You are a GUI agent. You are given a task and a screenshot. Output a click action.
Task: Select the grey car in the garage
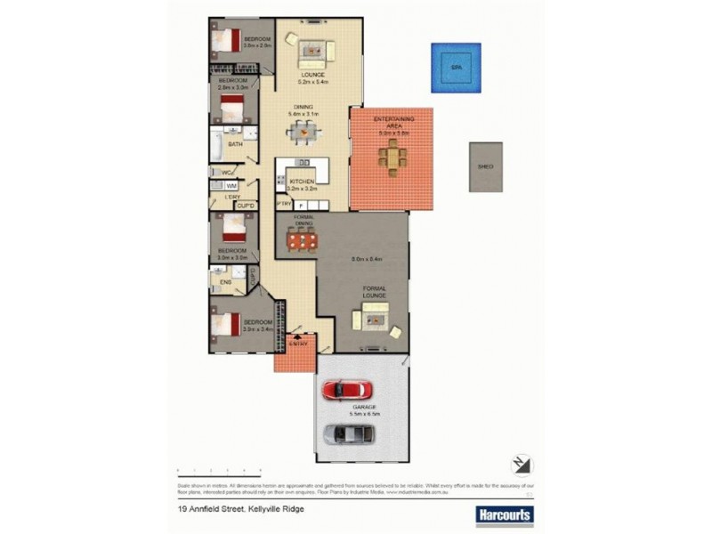[x=349, y=434]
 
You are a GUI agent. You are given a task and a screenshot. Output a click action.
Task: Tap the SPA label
[x=457, y=68]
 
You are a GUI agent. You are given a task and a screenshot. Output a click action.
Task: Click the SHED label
[x=486, y=166]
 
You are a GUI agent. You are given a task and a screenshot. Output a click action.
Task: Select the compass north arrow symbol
[x=521, y=465]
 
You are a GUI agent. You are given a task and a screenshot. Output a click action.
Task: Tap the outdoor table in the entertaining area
[x=392, y=158]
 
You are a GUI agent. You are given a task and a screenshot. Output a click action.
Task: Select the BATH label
[x=235, y=143]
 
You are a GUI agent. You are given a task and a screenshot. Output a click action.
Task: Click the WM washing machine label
[x=231, y=185]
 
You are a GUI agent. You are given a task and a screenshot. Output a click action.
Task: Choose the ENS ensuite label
[x=226, y=282]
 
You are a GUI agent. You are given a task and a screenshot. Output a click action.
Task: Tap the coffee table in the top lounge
[x=312, y=50]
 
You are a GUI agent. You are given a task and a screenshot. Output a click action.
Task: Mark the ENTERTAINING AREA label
[x=391, y=124]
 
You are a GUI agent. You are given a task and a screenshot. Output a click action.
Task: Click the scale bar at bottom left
[x=218, y=470]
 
